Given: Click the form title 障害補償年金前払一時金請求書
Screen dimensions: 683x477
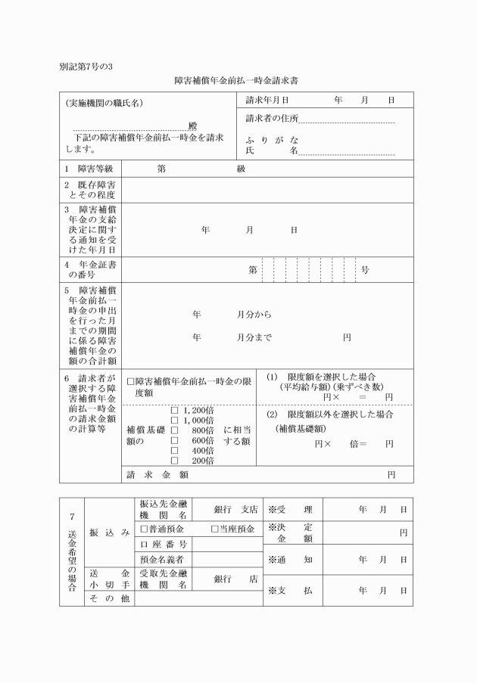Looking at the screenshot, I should click(x=238, y=79).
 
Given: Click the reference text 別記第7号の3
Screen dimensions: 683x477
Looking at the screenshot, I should click(x=86, y=66).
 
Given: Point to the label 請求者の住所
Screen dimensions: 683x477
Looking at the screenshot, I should click(x=272, y=119).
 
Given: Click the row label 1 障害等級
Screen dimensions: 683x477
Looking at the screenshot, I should click(x=89, y=169).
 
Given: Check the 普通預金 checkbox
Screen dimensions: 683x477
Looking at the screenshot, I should click(x=144, y=529).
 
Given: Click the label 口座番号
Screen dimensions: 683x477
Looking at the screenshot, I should click(x=162, y=545).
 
